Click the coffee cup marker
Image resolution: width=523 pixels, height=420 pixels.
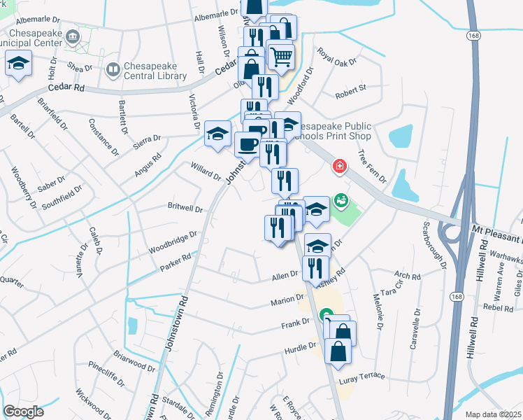[247, 145]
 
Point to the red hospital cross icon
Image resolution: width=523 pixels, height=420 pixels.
[339, 167]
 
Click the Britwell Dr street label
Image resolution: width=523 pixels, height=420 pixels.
[185, 209]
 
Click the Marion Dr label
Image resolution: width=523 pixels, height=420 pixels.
[286, 302]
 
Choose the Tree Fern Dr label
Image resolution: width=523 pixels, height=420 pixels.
[372, 166]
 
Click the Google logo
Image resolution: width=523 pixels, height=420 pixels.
[23, 411]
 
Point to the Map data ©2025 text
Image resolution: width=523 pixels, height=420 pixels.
[494, 414]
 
